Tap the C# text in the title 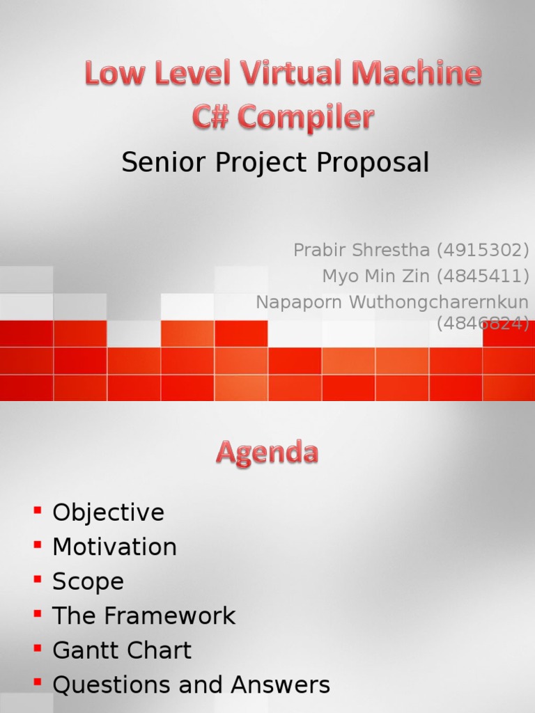(x=211, y=117)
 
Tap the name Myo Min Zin (x=376, y=276)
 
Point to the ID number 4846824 (x=483, y=324)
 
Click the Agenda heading (x=267, y=454)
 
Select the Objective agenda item (x=109, y=513)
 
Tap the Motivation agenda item (x=115, y=547)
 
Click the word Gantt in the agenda (x=82, y=650)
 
